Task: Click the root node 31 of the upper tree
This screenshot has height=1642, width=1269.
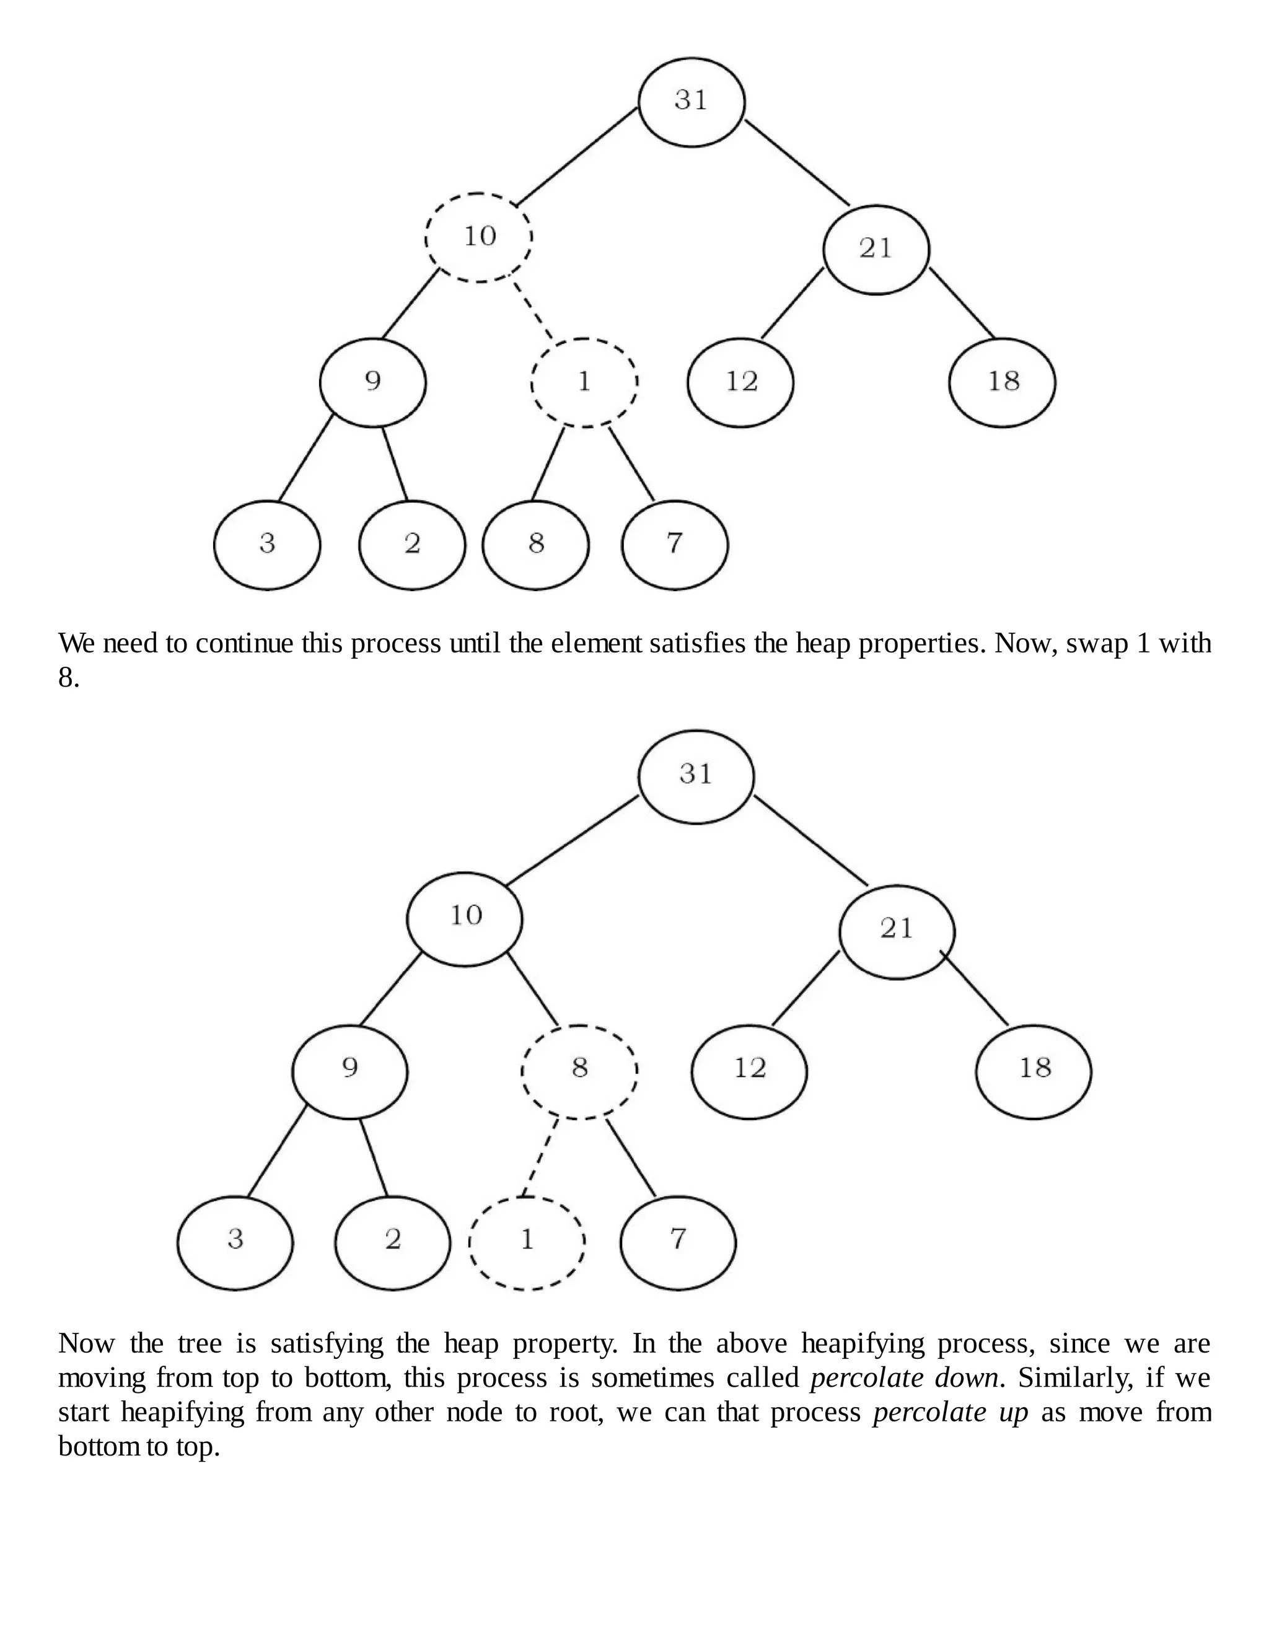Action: click(691, 102)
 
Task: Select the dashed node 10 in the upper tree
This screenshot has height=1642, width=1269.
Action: click(479, 237)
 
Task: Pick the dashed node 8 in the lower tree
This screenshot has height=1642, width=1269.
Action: click(579, 1071)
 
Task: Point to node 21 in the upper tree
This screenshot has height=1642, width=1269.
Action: click(876, 250)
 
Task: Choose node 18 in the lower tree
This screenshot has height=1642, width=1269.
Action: click(1034, 1071)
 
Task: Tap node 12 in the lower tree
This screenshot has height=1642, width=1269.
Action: click(749, 1071)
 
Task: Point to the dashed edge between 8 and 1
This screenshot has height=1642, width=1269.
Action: click(540, 1158)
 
